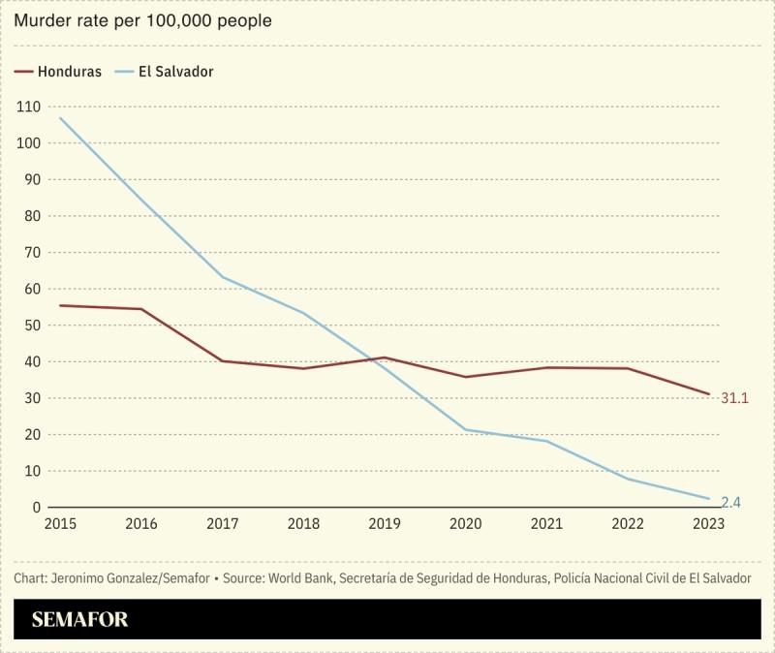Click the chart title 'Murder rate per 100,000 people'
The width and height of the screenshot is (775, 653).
142,20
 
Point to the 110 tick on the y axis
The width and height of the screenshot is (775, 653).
29,107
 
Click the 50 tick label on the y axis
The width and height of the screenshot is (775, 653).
33,326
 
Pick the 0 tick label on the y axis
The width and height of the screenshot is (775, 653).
37,508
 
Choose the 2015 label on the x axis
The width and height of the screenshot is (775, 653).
60,524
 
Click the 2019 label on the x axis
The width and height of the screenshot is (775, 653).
385,524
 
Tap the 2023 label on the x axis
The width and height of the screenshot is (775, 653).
709,524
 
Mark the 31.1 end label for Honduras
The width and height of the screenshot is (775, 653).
735,397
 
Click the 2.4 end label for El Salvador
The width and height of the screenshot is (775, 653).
731,502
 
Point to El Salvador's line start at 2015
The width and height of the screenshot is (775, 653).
60,118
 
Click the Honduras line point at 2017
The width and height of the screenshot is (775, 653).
222,361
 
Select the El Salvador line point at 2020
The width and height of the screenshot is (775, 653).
466,430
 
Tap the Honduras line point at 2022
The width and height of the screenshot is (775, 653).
628,368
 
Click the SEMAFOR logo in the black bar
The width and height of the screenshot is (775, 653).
79,620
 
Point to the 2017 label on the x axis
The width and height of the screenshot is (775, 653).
222,524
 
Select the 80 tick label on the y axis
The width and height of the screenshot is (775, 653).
33,216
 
